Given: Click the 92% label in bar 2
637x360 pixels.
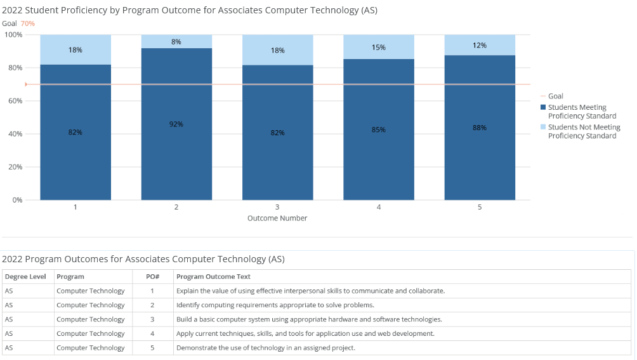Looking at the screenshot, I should [176, 124].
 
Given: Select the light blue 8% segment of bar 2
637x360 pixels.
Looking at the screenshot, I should [176, 41].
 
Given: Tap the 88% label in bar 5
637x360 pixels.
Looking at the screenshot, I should [480, 128].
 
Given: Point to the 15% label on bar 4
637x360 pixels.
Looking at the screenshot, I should [379, 47].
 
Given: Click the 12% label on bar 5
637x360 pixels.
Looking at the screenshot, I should [480, 45].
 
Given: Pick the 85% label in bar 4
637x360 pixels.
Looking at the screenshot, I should [379, 130].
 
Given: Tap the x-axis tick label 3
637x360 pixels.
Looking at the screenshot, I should [277, 207].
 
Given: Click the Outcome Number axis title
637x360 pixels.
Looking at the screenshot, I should [277, 218].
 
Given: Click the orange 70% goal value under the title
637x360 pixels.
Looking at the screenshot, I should [28, 23].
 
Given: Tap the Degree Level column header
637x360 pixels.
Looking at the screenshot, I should [25, 277].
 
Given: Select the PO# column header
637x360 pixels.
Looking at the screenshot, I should [152, 277].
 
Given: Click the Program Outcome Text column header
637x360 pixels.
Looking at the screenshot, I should [213, 277].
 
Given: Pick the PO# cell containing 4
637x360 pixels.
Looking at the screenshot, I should [152, 333].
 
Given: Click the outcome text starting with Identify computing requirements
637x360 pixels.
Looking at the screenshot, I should [275, 305].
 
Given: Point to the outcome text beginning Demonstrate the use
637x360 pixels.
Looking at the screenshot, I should [266, 348].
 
